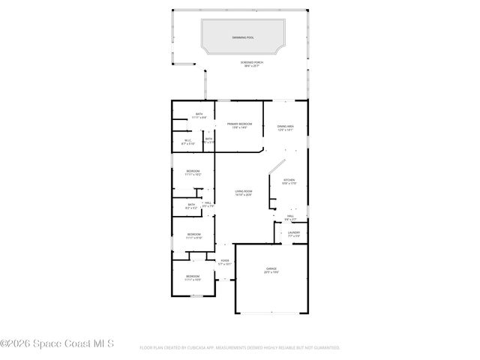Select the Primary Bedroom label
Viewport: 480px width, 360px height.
pyautogui.click(x=239, y=125)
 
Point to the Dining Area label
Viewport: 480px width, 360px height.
pyautogui.click(x=285, y=127)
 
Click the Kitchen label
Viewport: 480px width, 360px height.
pyautogui.click(x=289, y=181)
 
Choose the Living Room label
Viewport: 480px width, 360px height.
pyautogui.click(x=242, y=193)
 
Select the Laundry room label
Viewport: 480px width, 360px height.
pyautogui.click(x=294, y=233)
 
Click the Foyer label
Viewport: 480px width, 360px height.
pyautogui.click(x=224, y=262)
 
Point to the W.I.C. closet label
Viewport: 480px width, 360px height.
pyautogui.click(x=188, y=141)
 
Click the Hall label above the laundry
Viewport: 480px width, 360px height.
pyautogui.click(x=290, y=217)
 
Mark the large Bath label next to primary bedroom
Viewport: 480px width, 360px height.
pyautogui.click(x=199, y=115)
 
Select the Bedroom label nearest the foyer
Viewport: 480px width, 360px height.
pyautogui.click(x=193, y=278)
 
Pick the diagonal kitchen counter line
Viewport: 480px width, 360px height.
pyautogui.click(x=277, y=168)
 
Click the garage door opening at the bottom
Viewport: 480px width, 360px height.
pyautogui.click(x=271, y=312)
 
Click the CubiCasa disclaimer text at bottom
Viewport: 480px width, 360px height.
pyautogui.click(x=239, y=348)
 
